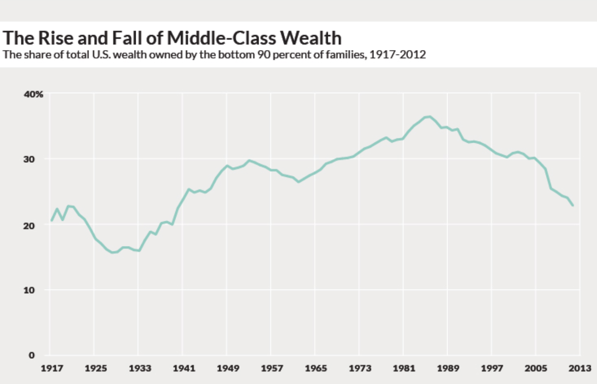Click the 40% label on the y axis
click(33, 94)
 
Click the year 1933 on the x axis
click(138, 368)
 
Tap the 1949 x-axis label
click(226, 368)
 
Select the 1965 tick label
click(314, 368)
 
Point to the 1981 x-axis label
click(403, 368)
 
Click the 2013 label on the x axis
click(580, 368)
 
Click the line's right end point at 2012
click(573, 205)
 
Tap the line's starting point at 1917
click(51, 220)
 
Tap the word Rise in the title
click(53, 38)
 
